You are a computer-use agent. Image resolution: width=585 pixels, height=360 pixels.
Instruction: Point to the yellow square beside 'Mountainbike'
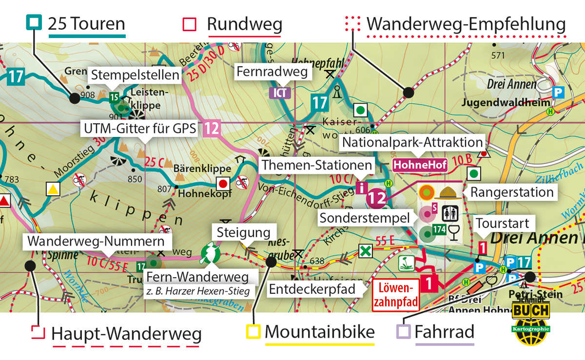point(253,332)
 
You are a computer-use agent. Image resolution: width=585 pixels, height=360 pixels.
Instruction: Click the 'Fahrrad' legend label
point(444,332)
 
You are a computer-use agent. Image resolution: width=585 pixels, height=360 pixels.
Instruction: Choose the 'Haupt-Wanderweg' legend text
point(126,334)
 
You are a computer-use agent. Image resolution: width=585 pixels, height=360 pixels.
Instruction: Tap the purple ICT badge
point(280,93)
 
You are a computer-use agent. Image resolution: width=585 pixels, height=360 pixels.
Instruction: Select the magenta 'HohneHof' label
point(420,165)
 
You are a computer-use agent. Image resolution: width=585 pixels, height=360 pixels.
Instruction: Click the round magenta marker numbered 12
point(376,197)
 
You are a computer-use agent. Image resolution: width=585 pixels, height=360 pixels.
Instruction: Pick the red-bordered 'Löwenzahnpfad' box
point(395,295)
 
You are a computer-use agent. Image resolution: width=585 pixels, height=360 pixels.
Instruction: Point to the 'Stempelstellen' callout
point(135,76)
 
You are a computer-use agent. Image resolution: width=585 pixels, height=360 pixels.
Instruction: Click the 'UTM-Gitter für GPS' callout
point(140,129)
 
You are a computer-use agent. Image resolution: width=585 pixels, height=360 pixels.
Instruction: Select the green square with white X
point(365,251)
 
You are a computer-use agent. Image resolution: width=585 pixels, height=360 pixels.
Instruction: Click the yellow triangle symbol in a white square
point(53,189)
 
